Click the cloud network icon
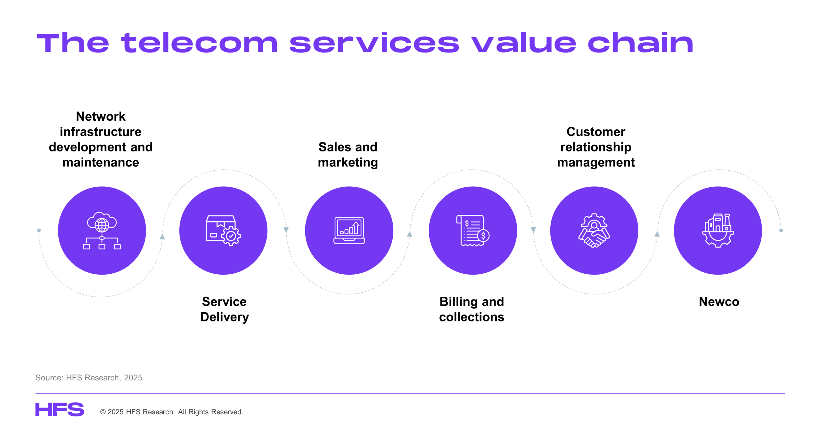pyautogui.click(x=102, y=230)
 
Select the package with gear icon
pyautogui.click(x=223, y=230)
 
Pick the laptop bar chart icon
pyautogui.click(x=349, y=230)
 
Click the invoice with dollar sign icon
pyautogui.click(x=473, y=230)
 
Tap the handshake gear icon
pyautogui.click(x=594, y=230)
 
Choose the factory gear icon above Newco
pyautogui.click(x=718, y=230)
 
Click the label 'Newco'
pyautogui.click(x=719, y=302)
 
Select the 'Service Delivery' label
pyautogui.click(x=224, y=309)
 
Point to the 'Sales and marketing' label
pyautogui.click(x=348, y=155)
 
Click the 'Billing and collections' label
pyautogui.click(x=471, y=309)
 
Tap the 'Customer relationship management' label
pyautogui.click(x=596, y=147)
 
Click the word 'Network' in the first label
pyautogui.click(x=101, y=116)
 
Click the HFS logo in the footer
pyautogui.click(x=60, y=409)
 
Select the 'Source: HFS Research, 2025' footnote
pyautogui.click(x=89, y=378)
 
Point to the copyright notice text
pyautogui.click(x=172, y=412)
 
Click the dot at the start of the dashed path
pyautogui.click(x=39, y=230)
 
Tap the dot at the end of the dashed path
pyautogui.click(x=781, y=230)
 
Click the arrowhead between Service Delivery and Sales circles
pyautogui.click(x=286, y=230)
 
